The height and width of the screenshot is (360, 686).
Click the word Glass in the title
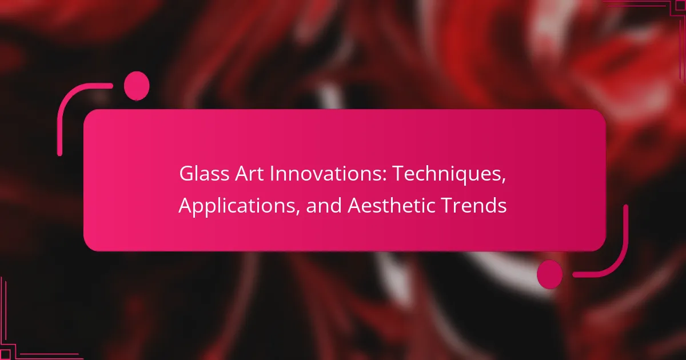(x=204, y=174)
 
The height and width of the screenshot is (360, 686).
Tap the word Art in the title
(x=249, y=174)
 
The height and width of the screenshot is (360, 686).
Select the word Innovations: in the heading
(x=328, y=174)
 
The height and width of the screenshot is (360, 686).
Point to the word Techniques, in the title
(x=449, y=175)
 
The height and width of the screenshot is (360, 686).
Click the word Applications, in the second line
(x=239, y=207)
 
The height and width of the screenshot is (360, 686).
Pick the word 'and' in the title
(x=324, y=205)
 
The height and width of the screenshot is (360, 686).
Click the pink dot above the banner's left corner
(x=137, y=86)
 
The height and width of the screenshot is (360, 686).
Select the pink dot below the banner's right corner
(x=549, y=274)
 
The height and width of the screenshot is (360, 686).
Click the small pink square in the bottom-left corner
(x=5, y=355)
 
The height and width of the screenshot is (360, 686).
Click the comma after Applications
(x=297, y=212)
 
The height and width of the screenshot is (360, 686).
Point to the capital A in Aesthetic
(x=354, y=206)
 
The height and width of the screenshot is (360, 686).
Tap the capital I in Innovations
(x=272, y=174)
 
